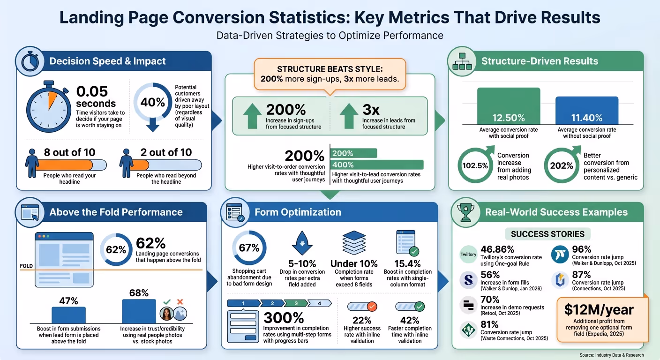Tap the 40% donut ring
tap(152, 102)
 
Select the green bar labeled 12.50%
tap(508, 105)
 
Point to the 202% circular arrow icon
tap(561, 165)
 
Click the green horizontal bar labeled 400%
tap(377, 165)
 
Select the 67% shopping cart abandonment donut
tap(249, 248)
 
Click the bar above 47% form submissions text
tap(68, 315)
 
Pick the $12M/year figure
tap(599, 310)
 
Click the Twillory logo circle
tap(468, 255)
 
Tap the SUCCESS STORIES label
tap(547, 234)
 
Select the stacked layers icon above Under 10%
tap(354, 242)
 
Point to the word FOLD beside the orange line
tap(26, 266)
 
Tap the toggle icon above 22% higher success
tap(361, 307)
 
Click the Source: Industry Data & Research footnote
tap(611, 355)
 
